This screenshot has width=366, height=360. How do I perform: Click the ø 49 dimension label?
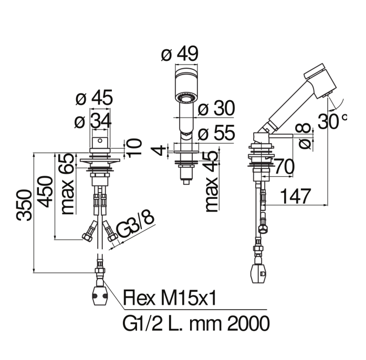coord(180,54)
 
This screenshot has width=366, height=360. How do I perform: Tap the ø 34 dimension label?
coord(93,121)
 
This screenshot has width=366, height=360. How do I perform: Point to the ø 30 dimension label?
coord(216,108)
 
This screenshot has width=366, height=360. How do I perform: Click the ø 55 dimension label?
coord(216,133)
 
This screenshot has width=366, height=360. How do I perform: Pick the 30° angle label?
coord(332,121)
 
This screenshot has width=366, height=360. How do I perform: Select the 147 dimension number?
coord(295,196)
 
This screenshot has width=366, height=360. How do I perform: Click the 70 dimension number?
coord(284,167)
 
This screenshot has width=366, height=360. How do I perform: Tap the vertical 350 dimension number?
coord(24,205)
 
